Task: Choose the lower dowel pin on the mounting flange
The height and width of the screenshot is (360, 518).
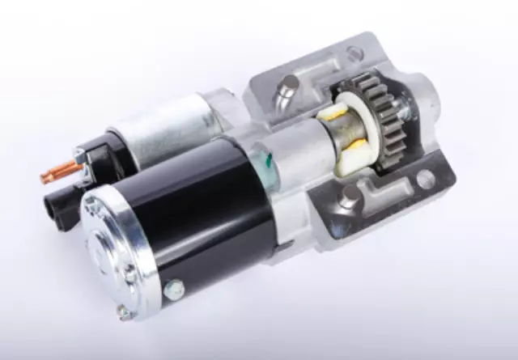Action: (349, 194)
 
